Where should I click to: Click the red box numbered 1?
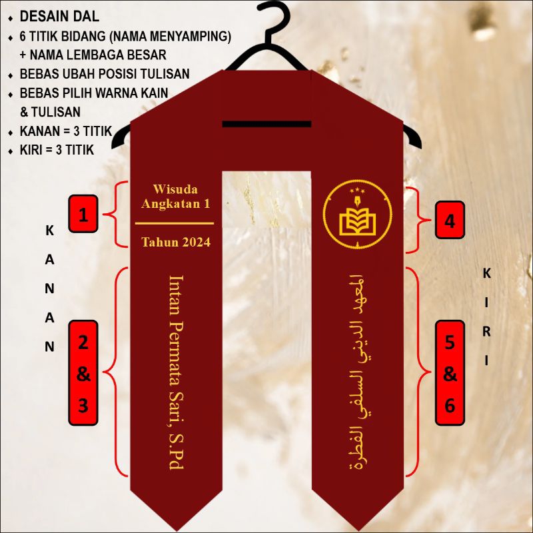tap(83, 215)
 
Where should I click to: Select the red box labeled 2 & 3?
tap(83, 372)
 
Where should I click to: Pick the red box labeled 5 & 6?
tap(450, 372)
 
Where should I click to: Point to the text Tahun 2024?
tap(176, 242)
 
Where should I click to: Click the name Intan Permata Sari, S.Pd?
tap(176, 372)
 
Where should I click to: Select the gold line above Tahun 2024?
tap(176, 223)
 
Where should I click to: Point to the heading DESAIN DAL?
tap(59, 17)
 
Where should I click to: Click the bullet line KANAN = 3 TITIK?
tap(65, 131)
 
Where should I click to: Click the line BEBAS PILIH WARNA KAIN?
tap(93, 93)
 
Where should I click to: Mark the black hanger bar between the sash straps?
tap(266, 124)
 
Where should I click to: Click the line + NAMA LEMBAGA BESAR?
tap(93, 55)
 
